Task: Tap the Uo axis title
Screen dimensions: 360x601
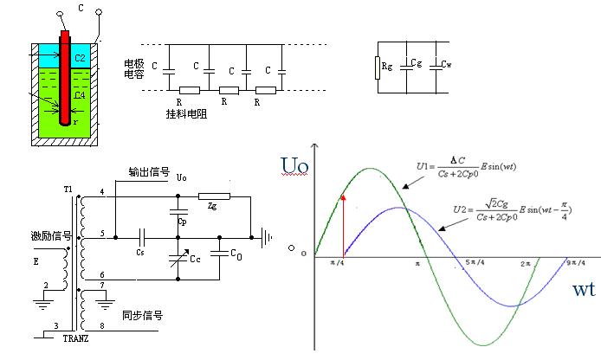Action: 294,164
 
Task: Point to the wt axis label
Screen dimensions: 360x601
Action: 584,290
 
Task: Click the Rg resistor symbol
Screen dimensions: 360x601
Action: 377,67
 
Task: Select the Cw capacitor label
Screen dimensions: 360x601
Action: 446,64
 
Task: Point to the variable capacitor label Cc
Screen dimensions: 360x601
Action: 194,259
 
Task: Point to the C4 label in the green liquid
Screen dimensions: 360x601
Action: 80,95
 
